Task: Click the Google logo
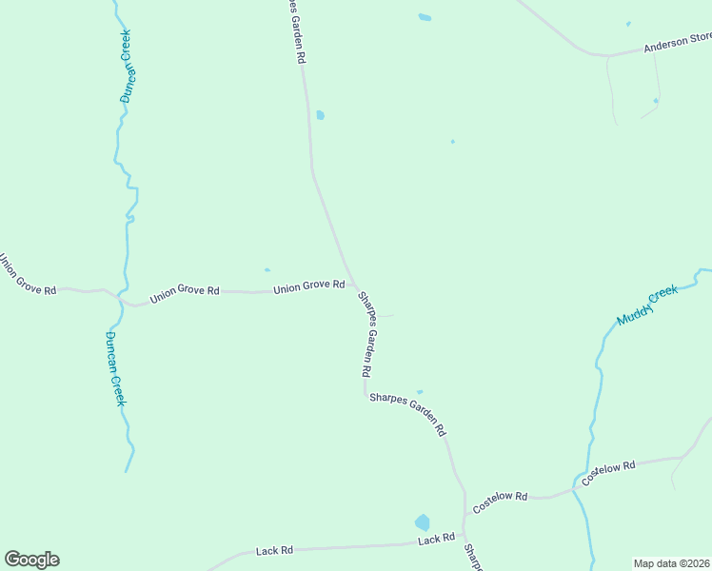point(31,560)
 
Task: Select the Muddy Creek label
point(647,305)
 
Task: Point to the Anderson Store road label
point(677,42)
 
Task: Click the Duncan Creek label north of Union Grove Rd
point(125,66)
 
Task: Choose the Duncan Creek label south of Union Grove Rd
point(115,368)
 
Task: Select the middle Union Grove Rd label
point(185,292)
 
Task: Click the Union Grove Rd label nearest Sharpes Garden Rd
point(308,285)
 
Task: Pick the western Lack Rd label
point(274,551)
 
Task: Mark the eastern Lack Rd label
point(436,540)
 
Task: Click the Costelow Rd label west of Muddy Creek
point(500,502)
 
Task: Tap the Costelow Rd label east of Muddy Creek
point(608,473)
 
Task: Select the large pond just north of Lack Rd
point(422,522)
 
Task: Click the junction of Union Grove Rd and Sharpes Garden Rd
point(355,285)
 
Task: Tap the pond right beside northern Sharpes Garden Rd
point(320,115)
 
